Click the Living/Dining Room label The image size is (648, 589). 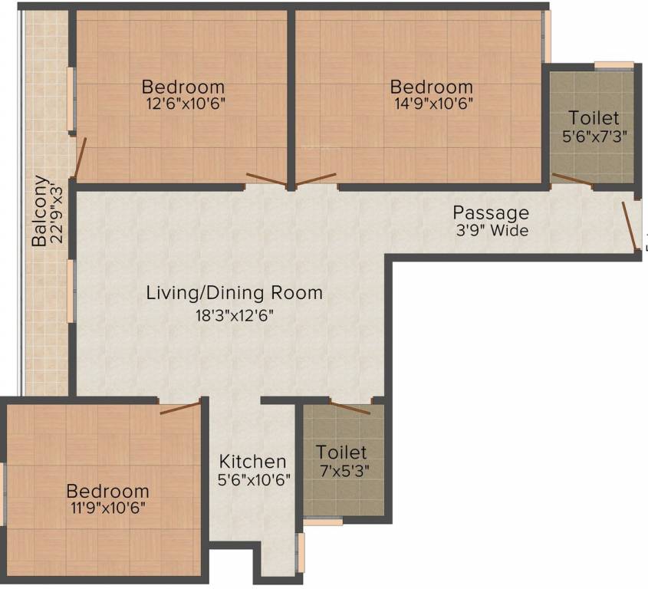235,293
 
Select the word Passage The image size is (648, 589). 491,212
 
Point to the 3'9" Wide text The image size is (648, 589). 491,230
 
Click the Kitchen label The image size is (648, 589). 253,462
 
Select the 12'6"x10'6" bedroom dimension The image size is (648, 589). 183,105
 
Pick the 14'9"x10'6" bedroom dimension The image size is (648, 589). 431,105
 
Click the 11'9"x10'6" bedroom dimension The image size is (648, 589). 107,508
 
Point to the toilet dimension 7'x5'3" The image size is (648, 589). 342,471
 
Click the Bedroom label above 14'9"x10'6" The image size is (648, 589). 431,86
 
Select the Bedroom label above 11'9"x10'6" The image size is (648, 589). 107,490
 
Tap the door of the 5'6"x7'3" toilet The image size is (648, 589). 571,180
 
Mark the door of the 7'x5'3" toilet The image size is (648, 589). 350,406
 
